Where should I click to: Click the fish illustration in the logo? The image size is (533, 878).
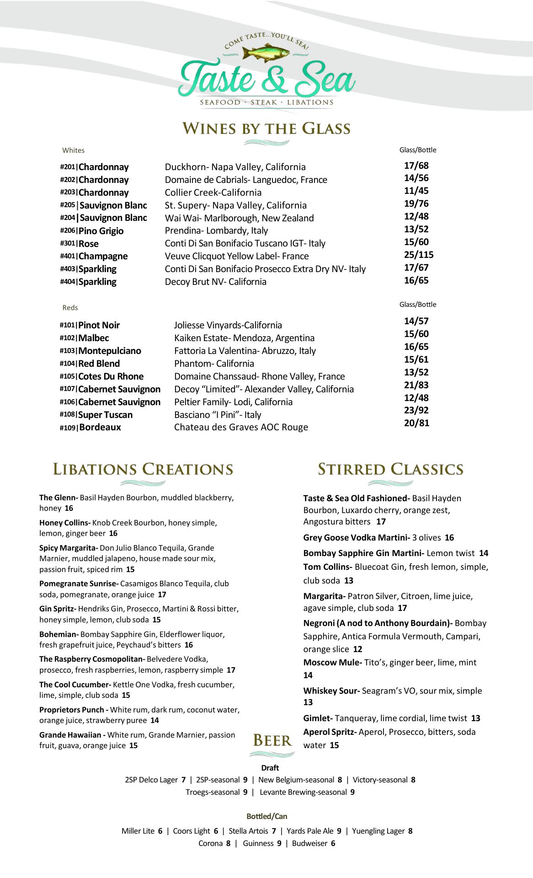point(266,52)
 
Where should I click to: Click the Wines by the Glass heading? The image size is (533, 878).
point(266,128)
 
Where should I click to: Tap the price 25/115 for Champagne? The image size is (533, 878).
point(418,255)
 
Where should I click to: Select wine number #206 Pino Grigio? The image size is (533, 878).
point(92,231)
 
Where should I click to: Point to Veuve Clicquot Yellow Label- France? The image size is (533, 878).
point(236,256)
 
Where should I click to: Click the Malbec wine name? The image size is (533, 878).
point(94,338)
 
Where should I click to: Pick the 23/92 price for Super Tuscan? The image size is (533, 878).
point(416,410)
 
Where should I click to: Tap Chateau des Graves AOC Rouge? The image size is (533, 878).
point(241,427)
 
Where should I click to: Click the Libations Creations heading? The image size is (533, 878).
point(143,469)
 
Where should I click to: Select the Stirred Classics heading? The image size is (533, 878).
point(390,469)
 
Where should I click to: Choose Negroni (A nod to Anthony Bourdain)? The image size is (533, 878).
point(378,623)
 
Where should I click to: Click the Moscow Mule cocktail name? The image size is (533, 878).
point(332,663)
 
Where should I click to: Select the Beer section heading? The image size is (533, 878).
point(272,740)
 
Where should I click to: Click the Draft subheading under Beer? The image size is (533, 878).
point(270,768)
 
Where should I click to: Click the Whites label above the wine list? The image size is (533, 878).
point(74,150)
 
